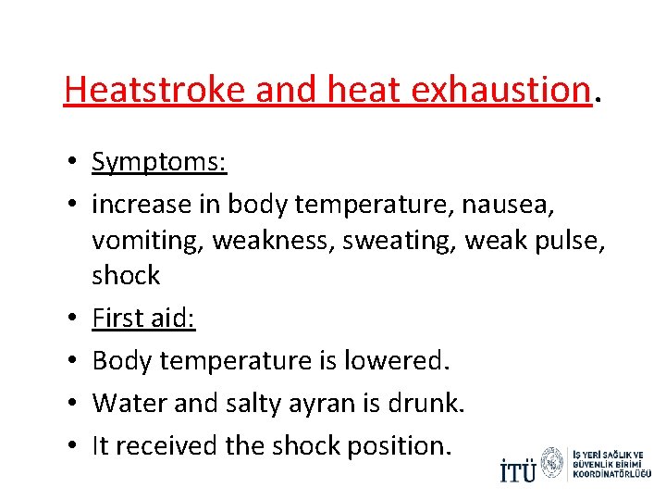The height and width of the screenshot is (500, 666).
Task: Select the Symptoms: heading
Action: point(159,162)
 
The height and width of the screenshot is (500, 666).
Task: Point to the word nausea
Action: point(515,205)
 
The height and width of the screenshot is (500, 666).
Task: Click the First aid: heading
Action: point(143,319)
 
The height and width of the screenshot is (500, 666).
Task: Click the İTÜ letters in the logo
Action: point(517,469)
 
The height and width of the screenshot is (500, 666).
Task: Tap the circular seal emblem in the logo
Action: point(552,463)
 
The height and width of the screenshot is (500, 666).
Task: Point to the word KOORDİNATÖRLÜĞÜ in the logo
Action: point(612,474)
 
